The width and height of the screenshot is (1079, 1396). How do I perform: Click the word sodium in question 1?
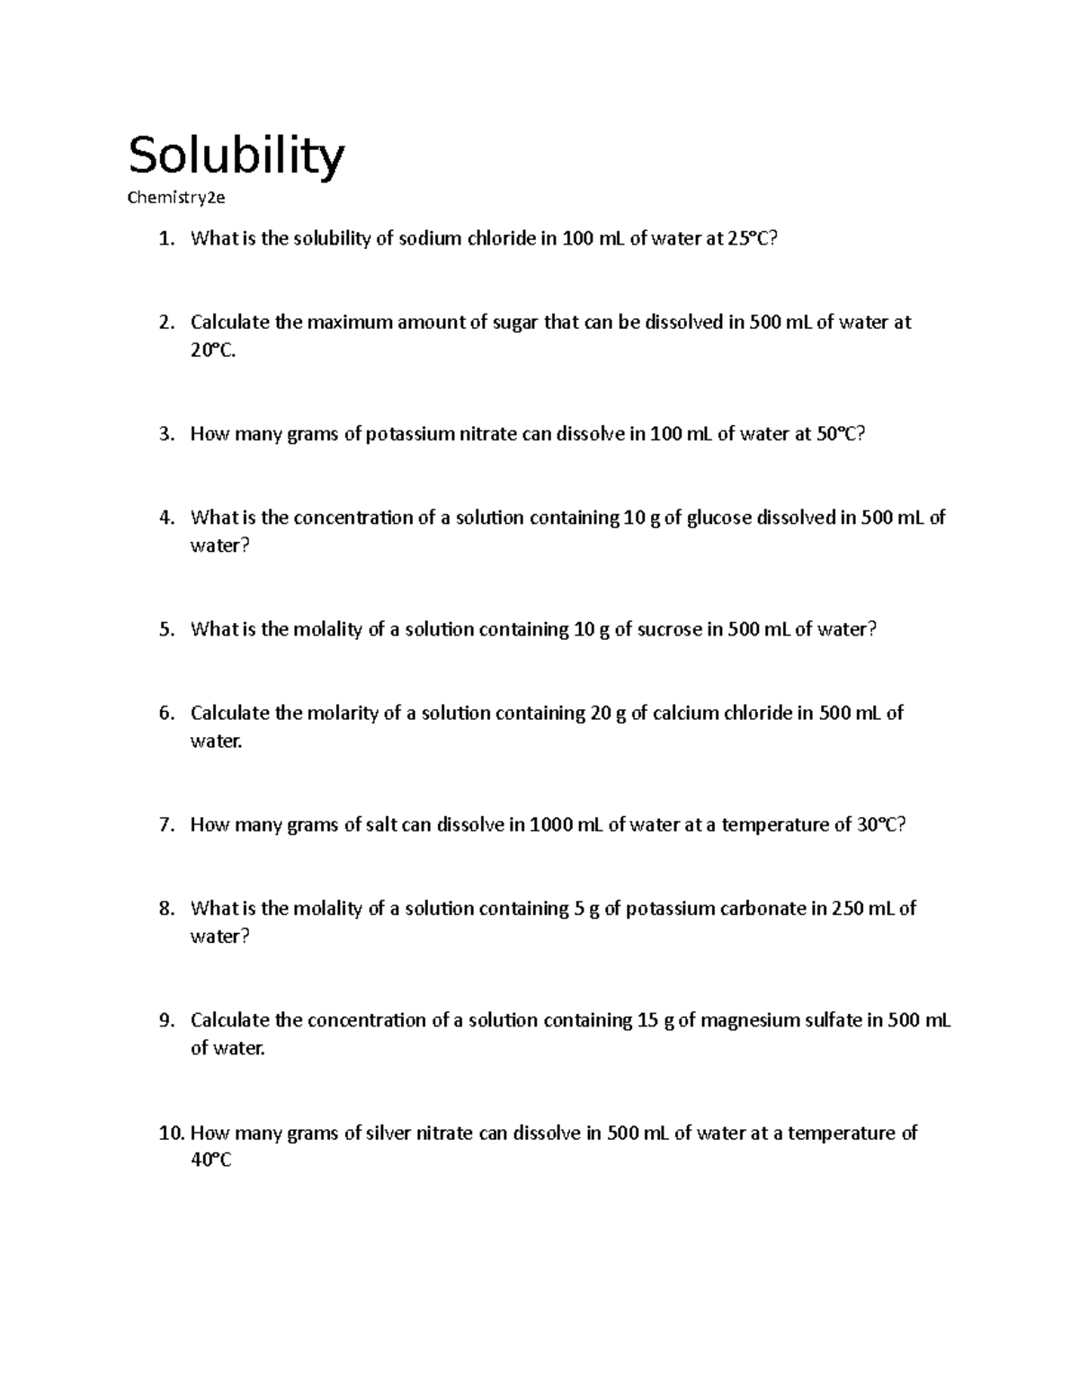pyautogui.click(x=429, y=239)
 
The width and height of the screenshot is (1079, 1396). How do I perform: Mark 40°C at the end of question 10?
pyautogui.click(x=211, y=1161)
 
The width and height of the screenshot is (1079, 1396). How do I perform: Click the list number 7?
pyautogui.click(x=166, y=825)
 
